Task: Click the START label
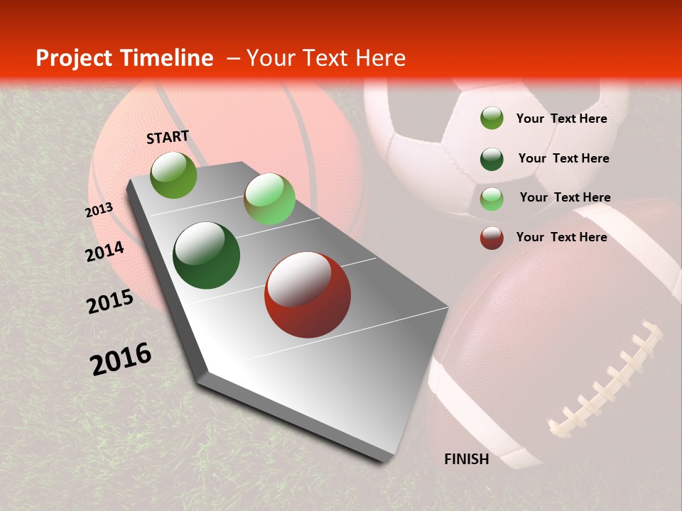(x=168, y=137)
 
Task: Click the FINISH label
(x=466, y=459)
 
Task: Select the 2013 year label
(x=99, y=211)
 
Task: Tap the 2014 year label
(x=104, y=251)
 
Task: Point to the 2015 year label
(x=110, y=302)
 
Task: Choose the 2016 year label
(x=121, y=358)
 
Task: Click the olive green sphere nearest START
(x=174, y=175)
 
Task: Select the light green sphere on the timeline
(x=269, y=199)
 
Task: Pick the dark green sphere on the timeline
(x=206, y=255)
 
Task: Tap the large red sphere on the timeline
(x=308, y=295)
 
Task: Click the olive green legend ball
(x=492, y=119)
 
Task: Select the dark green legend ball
(x=492, y=159)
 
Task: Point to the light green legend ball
(x=492, y=199)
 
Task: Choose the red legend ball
(x=492, y=238)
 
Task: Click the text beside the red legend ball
(x=561, y=237)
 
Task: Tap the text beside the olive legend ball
(x=561, y=119)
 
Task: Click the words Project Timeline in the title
(x=124, y=58)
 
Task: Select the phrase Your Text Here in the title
(x=326, y=58)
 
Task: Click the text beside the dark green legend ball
(x=563, y=158)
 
